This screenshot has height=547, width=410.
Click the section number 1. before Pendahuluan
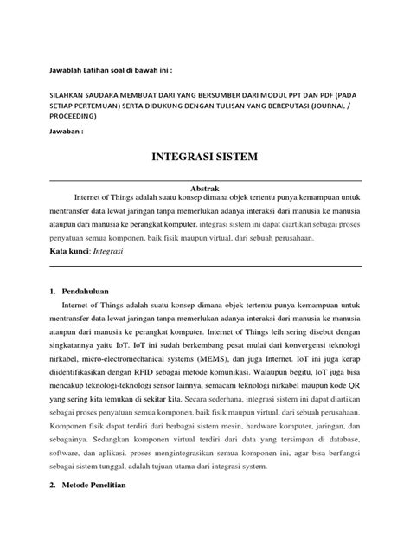[x=53, y=290]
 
